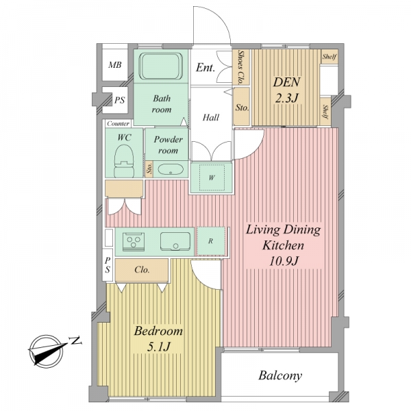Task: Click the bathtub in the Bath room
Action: coord(160,66)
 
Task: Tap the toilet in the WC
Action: coord(124,161)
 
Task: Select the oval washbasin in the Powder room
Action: coord(170,169)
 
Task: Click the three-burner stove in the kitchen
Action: coord(134,242)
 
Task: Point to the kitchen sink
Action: coord(175,241)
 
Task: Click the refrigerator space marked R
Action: coord(211,241)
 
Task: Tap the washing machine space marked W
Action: coord(212,177)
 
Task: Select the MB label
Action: coord(115,65)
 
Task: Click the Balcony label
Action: coord(280,375)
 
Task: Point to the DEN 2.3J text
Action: coord(287,90)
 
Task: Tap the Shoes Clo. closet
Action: coord(241,67)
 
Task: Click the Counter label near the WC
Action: coord(119,123)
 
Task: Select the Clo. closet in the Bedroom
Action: coord(142,270)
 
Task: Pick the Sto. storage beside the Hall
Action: coord(242,107)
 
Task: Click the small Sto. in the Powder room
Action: coord(149,169)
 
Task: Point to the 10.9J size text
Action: coord(284,261)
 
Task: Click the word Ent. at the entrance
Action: coord(206,68)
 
